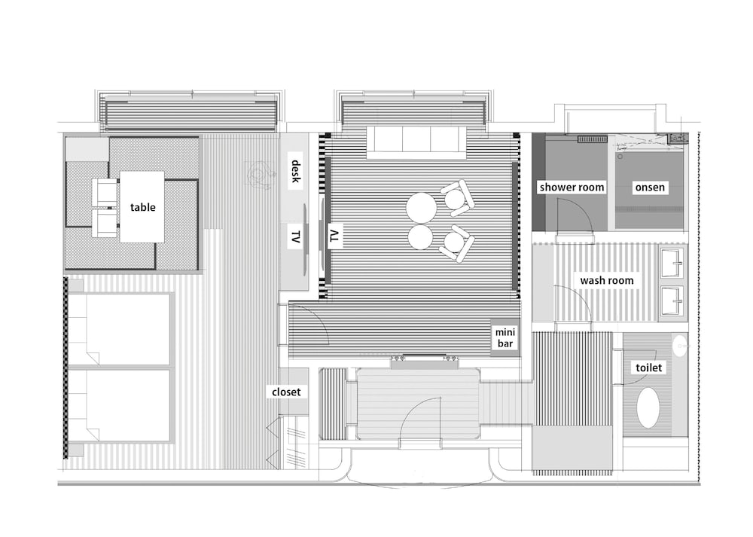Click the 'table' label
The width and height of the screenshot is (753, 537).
pyautogui.click(x=142, y=208)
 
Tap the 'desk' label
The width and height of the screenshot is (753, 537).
pyautogui.click(x=296, y=172)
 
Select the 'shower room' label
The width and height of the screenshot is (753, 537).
pyautogui.click(x=572, y=188)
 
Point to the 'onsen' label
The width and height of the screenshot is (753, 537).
pyautogui.click(x=650, y=188)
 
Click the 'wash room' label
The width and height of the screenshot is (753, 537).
pyautogui.click(x=606, y=280)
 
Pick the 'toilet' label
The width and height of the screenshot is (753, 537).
pyautogui.click(x=648, y=368)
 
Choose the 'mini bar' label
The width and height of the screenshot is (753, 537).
pyautogui.click(x=505, y=338)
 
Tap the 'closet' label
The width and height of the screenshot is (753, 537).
pyautogui.click(x=286, y=392)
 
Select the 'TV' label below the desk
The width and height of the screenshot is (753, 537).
pyautogui.click(x=296, y=236)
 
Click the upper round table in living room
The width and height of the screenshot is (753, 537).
pyautogui.click(x=421, y=208)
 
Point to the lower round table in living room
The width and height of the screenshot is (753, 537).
pyautogui.click(x=421, y=236)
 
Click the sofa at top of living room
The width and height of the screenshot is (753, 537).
pyautogui.click(x=416, y=142)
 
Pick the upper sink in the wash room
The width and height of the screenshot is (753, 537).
pyautogui.click(x=672, y=263)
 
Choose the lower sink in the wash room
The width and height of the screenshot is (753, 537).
pyautogui.click(x=672, y=301)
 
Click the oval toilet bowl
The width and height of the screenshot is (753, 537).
pyautogui.click(x=648, y=407)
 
